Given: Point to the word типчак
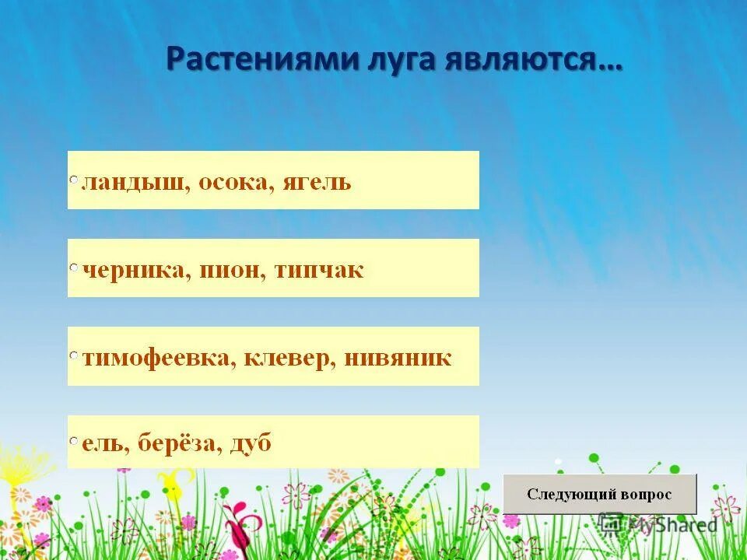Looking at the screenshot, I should pyautogui.click(x=319, y=271).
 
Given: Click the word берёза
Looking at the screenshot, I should pyautogui.click(x=182, y=444).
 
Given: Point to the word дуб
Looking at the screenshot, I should pyautogui.click(x=251, y=444).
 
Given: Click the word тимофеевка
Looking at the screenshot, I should pyautogui.click(x=156, y=359).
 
